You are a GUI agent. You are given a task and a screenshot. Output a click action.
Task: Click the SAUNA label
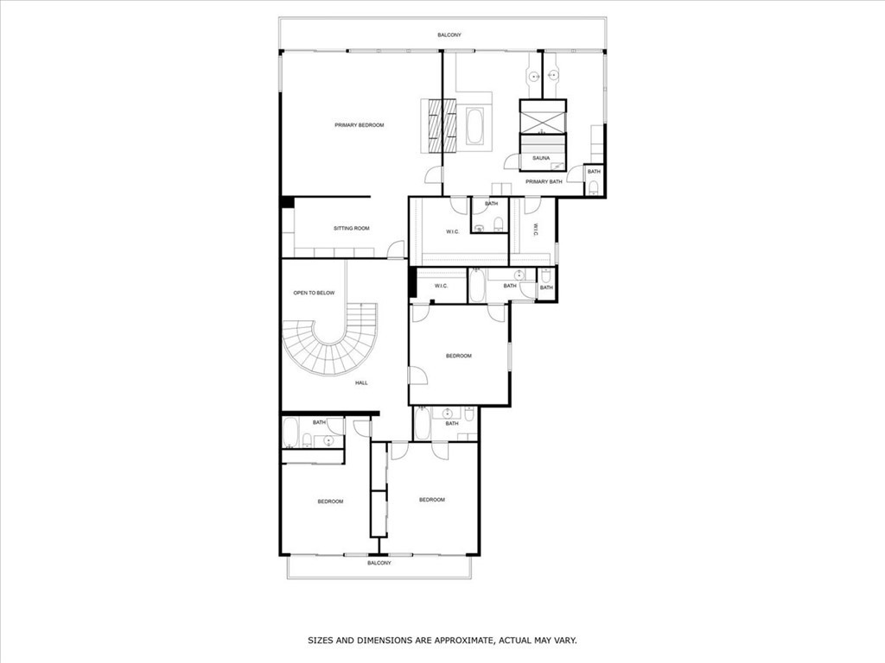click(x=541, y=158)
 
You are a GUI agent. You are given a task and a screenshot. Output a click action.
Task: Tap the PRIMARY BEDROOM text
click(x=359, y=125)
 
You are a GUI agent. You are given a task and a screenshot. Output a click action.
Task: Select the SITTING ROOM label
click(x=351, y=229)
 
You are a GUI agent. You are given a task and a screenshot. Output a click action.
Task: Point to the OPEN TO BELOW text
click(x=314, y=294)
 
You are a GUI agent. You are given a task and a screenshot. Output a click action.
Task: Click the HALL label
click(x=361, y=382)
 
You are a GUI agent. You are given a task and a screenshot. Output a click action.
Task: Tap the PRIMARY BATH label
click(x=544, y=181)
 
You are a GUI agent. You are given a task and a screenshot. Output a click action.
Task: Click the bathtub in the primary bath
click(x=474, y=126)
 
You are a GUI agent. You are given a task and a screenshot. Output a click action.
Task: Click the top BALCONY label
click(x=449, y=35)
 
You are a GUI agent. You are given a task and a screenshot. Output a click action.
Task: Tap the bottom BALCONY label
click(x=379, y=563)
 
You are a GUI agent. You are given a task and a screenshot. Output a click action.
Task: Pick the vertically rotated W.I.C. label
click(x=535, y=230)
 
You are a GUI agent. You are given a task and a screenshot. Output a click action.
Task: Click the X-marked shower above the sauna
click(x=542, y=117)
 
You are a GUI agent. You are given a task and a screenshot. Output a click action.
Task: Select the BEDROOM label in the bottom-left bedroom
click(x=330, y=502)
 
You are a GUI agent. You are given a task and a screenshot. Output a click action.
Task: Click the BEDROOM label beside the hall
click(x=458, y=356)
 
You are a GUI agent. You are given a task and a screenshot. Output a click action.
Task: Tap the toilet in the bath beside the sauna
click(x=593, y=186)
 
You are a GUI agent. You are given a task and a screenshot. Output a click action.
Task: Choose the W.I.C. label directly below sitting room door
click(x=440, y=286)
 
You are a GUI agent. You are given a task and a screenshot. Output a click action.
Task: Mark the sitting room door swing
click(x=396, y=250)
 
